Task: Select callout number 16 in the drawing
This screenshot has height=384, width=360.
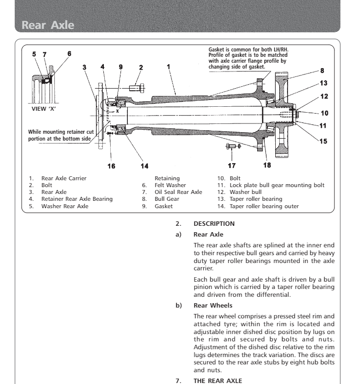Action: pyautogui.click(x=112, y=166)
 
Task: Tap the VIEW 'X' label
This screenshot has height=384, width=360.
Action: pyautogui.click(x=42, y=108)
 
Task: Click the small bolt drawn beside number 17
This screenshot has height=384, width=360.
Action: pyautogui.click(x=231, y=146)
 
